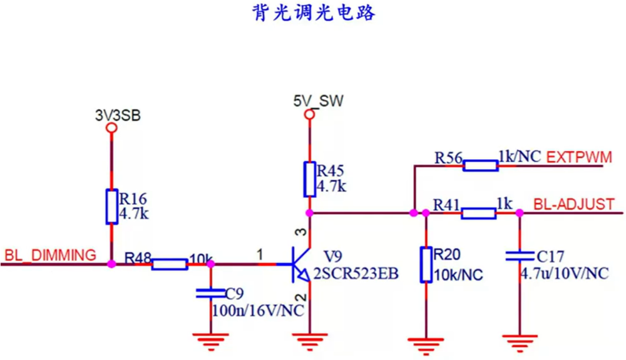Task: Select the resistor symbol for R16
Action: (x=112, y=207)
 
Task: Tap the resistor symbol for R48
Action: (x=169, y=264)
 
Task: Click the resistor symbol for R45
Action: (x=309, y=178)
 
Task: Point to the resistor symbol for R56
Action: (x=481, y=165)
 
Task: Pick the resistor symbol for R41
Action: (x=479, y=213)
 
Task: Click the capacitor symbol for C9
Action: (x=210, y=292)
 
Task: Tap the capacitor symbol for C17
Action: (x=519, y=255)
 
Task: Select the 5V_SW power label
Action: (x=319, y=101)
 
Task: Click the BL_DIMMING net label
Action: (x=51, y=255)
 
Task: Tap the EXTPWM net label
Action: (x=579, y=157)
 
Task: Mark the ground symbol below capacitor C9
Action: (x=210, y=339)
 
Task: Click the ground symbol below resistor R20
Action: (x=426, y=343)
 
